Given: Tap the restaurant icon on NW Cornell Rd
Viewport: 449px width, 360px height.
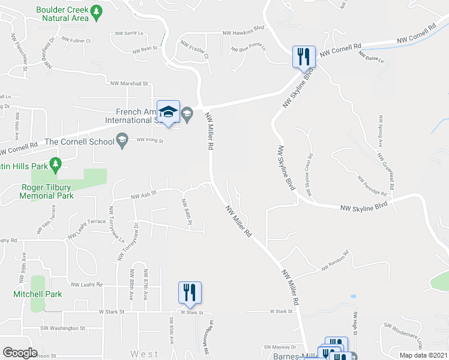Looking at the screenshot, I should (303, 57).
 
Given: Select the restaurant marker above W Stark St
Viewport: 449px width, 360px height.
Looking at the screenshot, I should (190, 293).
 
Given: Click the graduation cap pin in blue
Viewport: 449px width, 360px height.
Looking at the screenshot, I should (168, 112).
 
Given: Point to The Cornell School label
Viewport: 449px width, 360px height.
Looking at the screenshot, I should (79, 142).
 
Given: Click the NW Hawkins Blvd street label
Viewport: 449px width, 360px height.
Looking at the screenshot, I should (243, 33).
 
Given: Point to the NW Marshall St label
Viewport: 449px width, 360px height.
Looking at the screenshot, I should (128, 84).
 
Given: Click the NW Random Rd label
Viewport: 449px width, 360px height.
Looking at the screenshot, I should (334, 265).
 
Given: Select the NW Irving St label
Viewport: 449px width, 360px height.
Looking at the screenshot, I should (150, 140).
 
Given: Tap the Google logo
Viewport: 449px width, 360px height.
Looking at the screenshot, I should (20, 353).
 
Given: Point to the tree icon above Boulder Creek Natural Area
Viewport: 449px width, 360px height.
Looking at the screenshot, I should (95, 10).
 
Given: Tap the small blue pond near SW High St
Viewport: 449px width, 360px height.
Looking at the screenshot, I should (352, 296).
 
